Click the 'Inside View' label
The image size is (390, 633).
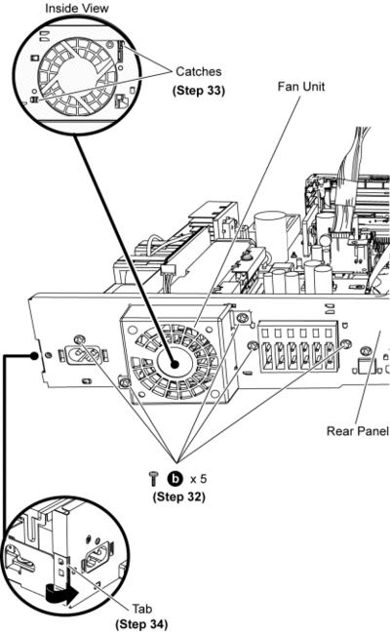(x=77, y=8)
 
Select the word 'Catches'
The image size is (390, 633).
(x=199, y=71)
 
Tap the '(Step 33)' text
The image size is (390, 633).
(x=199, y=90)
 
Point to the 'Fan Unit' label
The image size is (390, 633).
(x=300, y=87)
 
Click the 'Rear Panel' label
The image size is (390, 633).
(x=357, y=431)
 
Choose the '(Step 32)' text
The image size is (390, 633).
(x=178, y=496)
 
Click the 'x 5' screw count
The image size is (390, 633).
(x=198, y=479)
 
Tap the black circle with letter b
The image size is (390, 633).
(x=175, y=479)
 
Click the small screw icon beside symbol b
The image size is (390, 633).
(x=153, y=479)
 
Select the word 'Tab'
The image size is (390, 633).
(x=141, y=609)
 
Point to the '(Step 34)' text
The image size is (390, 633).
(x=141, y=624)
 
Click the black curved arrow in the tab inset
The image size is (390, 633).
(x=61, y=594)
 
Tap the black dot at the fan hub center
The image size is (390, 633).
(x=175, y=364)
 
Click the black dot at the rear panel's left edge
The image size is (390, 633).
(x=35, y=356)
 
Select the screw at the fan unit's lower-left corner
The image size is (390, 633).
(x=125, y=382)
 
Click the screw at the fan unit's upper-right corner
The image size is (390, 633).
(x=242, y=317)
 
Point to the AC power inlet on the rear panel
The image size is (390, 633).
(x=85, y=355)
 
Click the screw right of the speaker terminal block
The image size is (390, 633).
(x=345, y=344)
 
